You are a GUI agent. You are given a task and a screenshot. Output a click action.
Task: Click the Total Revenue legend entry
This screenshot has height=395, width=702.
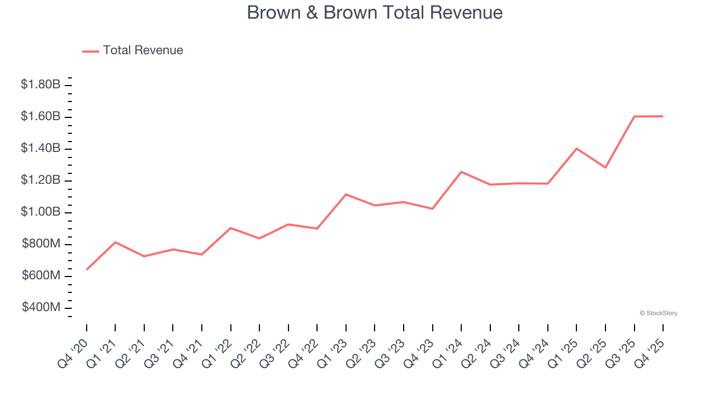coord(143,50)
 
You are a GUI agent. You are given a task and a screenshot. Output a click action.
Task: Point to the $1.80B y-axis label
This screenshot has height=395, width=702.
coord(41,84)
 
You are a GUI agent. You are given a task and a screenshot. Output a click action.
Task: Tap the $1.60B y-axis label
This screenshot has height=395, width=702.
coord(41,116)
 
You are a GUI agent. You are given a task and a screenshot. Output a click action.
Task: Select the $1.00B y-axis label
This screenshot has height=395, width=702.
coord(41,212)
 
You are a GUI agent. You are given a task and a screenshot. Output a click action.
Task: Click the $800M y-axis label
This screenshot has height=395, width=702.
coord(41,244)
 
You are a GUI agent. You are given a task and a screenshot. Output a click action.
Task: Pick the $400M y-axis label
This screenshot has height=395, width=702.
coord(41,307)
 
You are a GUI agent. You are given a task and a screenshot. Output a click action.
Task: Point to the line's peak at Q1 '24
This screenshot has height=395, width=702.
coord(461,172)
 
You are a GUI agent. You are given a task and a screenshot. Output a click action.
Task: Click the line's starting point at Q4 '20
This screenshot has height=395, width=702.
coord(87,269)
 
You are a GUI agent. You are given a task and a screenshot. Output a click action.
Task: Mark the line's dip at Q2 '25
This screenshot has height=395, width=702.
coord(605,167)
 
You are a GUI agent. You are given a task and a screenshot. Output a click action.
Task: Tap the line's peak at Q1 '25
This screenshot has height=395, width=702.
coord(576,148)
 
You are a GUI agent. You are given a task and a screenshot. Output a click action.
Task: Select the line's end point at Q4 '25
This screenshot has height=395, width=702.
coord(663,116)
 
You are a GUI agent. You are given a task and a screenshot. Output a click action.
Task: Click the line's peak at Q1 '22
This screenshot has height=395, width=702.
coord(231,228)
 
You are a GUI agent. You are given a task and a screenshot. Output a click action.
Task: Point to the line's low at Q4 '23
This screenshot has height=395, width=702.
coord(432,208)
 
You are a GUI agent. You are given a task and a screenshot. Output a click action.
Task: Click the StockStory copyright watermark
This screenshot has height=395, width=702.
coord(658,313)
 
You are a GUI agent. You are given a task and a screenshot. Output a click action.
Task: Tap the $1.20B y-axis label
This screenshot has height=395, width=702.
coord(41,180)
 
